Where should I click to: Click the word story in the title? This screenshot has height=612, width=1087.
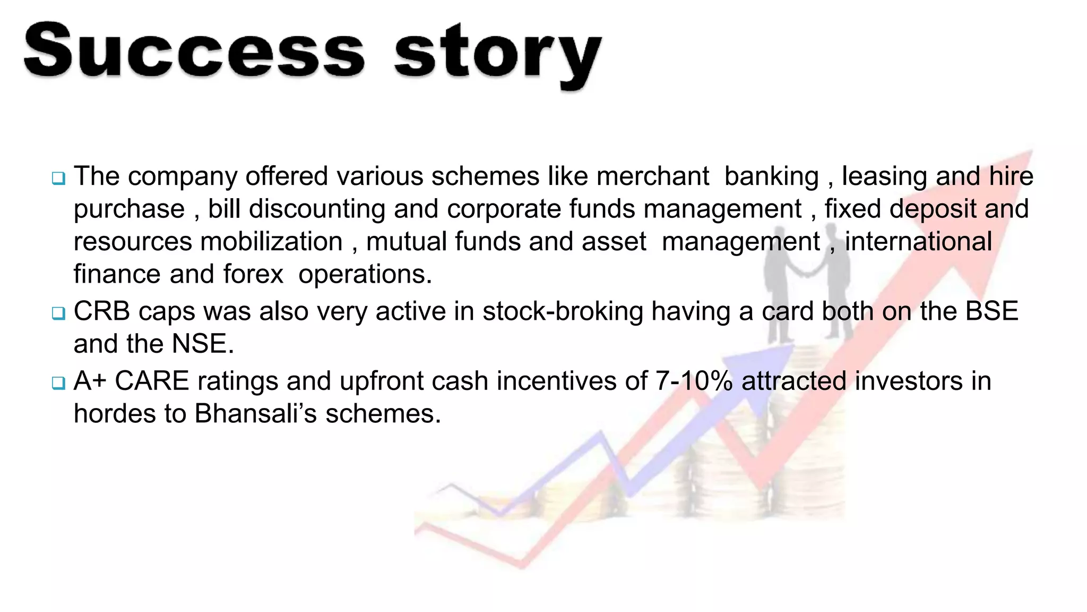[498, 56]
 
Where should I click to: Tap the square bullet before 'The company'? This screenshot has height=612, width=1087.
[58, 178]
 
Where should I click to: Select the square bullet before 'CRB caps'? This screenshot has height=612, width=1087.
[58, 313]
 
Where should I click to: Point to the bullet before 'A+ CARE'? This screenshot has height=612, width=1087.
[58, 382]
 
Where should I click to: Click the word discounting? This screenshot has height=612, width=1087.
[317, 209]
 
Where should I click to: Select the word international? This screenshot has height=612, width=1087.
[918, 242]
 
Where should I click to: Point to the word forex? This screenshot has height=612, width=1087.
[253, 275]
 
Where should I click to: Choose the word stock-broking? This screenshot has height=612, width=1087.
[563, 312]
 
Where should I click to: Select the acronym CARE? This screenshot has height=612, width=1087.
[152, 381]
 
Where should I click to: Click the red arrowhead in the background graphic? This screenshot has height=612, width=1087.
[1008, 175]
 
